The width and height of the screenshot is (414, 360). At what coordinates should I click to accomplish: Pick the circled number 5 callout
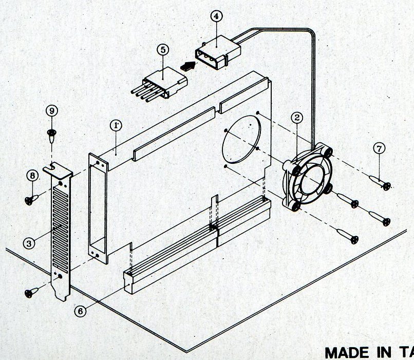(x=163, y=50)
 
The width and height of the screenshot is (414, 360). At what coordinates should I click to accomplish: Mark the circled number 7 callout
(x=379, y=149)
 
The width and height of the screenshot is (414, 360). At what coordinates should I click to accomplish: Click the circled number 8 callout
(x=33, y=176)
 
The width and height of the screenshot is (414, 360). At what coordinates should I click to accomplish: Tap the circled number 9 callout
(x=51, y=110)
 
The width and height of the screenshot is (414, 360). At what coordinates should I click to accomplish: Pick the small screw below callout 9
(x=51, y=135)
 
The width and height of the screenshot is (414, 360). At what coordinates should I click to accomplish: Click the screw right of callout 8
(x=31, y=198)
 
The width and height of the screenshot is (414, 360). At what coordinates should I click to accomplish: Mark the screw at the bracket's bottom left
(x=31, y=292)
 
